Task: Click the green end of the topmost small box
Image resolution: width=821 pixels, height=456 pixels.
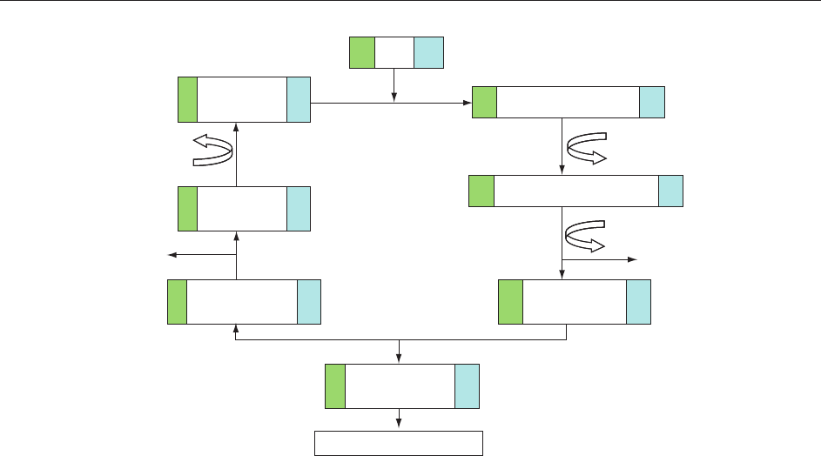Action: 362,52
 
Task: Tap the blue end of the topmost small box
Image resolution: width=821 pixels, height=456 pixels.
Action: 428,52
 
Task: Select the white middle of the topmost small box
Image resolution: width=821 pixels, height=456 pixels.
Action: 394,52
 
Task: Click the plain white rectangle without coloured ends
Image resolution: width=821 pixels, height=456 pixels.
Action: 398,442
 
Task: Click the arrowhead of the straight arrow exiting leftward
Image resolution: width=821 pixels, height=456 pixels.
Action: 172,255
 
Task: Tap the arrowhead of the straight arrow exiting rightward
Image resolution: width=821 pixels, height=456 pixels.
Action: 634,259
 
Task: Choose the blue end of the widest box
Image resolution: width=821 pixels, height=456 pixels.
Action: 670,191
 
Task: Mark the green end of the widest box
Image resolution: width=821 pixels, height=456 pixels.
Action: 481,191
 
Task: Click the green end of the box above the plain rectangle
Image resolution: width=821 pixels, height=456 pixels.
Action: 335,386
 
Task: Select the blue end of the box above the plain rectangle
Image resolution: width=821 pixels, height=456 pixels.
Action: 467,386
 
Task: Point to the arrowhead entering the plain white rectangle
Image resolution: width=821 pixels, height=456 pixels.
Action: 399,425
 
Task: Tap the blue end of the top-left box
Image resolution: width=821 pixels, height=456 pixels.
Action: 298,99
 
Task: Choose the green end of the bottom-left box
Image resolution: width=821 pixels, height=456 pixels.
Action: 177,302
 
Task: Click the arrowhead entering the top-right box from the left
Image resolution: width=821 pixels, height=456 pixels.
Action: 467,103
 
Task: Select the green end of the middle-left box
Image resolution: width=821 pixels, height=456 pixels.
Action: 187,209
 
